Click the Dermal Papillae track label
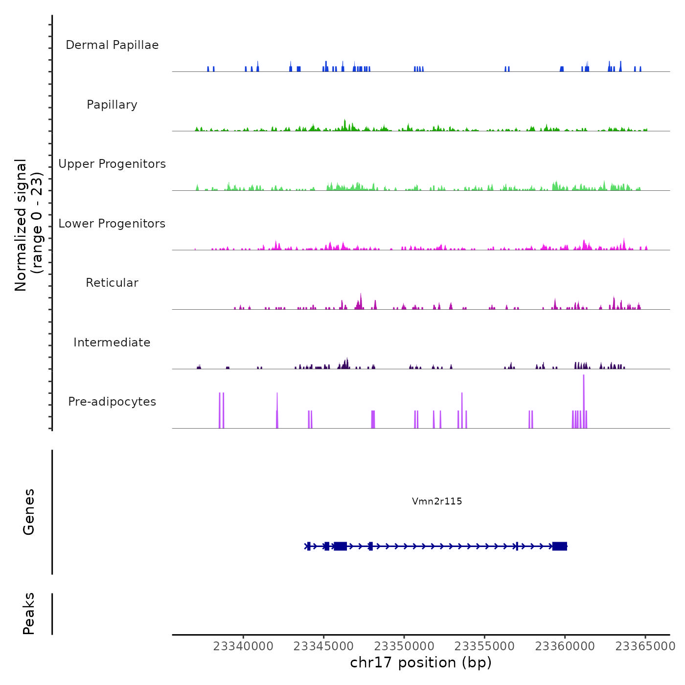tap(112, 45)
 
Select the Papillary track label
tap(112, 105)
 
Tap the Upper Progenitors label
tap(112, 164)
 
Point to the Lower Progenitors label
tap(112, 224)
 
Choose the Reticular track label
tap(112, 283)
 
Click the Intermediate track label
tap(112, 342)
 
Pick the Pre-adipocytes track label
tap(112, 402)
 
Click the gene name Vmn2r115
tap(437, 501)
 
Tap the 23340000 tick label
tap(243, 646)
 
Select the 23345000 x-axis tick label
tap(323, 646)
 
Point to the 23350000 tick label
tap(404, 646)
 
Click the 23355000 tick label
tap(484, 646)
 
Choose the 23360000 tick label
tap(565, 646)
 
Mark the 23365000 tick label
tap(645, 646)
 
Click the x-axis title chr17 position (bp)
tap(421, 662)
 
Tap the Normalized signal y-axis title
tap(28, 225)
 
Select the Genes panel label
tap(29, 512)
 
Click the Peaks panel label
tap(29, 614)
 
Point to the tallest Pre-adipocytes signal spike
tap(584, 391)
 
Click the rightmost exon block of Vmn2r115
tap(560, 546)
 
